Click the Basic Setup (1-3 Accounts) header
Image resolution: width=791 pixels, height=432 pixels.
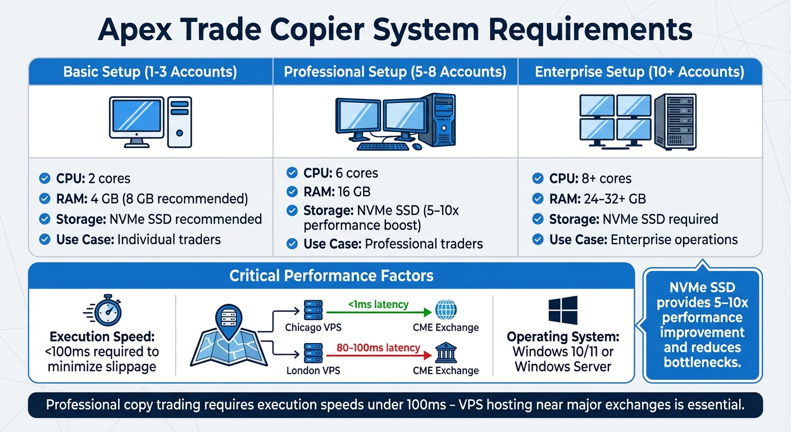pyautogui.click(x=150, y=72)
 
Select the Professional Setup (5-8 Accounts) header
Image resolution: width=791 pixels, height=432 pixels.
pyautogui.click(x=395, y=72)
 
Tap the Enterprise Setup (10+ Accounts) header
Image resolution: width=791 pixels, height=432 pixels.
pyautogui.click(x=639, y=72)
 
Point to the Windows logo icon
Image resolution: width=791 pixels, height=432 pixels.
pyautogui.click(x=563, y=311)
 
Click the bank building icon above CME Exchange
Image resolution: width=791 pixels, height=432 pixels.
pyautogui.click(x=446, y=353)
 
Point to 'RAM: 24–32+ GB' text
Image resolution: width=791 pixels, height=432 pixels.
pyautogui.click(x=597, y=199)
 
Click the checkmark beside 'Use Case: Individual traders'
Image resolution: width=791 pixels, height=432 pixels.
pyautogui.click(x=44, y=239)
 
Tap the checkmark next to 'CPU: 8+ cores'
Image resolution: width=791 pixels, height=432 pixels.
pyautogui.click(x=538, y=179)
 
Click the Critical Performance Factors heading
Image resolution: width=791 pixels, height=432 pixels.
pyautogui.click(x=331, y=276)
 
